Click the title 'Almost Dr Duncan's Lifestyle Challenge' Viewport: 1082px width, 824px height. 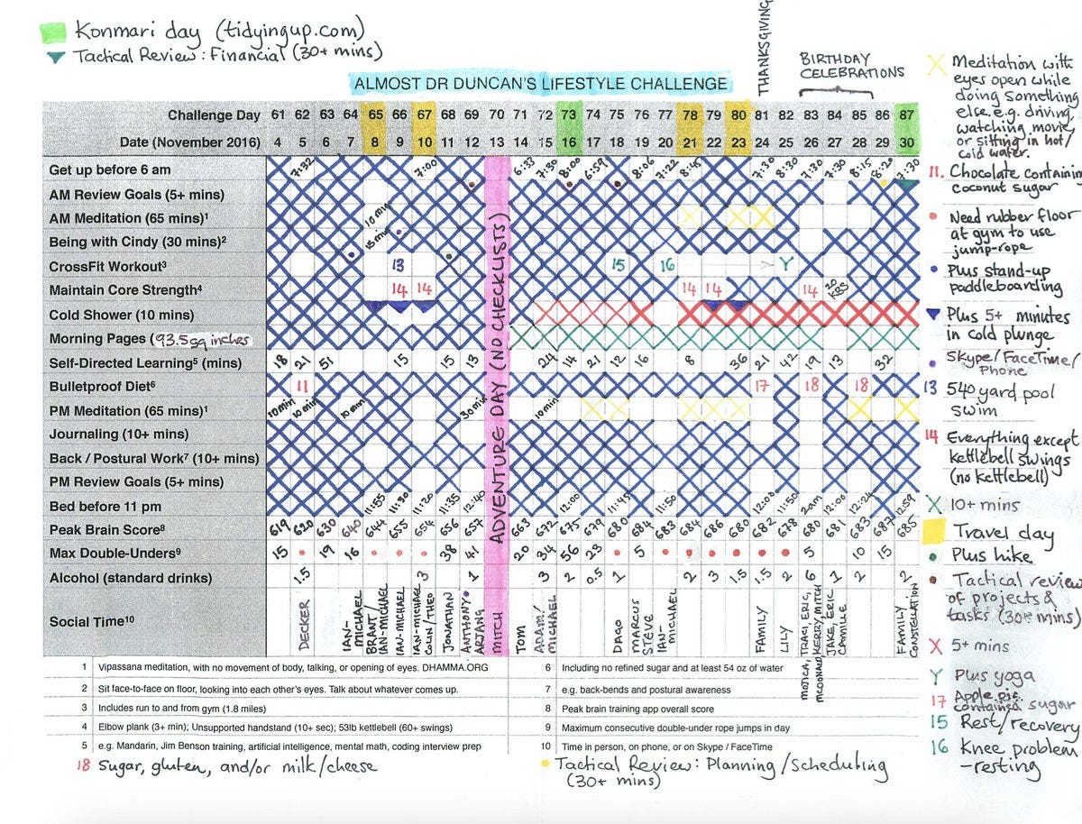click(541, 84)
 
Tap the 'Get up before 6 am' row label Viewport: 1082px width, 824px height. click(110, 169)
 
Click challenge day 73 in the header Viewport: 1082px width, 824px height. click(568, 115)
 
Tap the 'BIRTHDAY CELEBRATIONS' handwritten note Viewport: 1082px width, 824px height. click(850, 66)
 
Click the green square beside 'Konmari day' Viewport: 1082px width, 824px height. click(52, 32)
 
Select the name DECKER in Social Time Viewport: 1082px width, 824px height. click(304, 625)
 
